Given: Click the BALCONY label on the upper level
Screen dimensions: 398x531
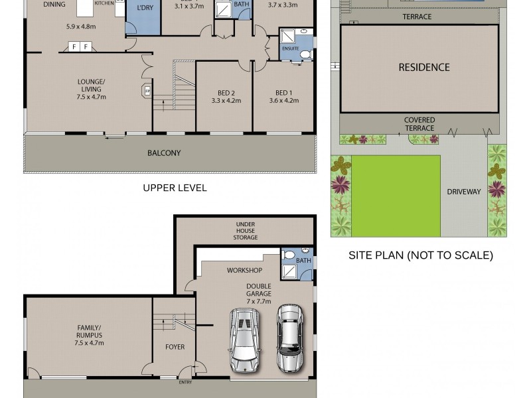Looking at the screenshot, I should click(165, 153).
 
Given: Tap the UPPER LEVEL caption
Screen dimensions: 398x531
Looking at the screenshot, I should click(175, 188).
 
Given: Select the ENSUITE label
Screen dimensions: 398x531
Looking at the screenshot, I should click(291, 48).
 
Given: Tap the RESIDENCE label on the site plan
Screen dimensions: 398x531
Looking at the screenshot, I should click(423, 67).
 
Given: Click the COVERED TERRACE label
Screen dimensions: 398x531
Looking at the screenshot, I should click(419, 124).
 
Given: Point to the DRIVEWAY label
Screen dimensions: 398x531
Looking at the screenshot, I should click(463, 192).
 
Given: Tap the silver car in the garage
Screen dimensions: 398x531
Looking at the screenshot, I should click(289, 337).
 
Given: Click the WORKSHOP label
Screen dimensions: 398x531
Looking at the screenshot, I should click(244, 271).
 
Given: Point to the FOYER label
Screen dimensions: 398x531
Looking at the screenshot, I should click(175, 347).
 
